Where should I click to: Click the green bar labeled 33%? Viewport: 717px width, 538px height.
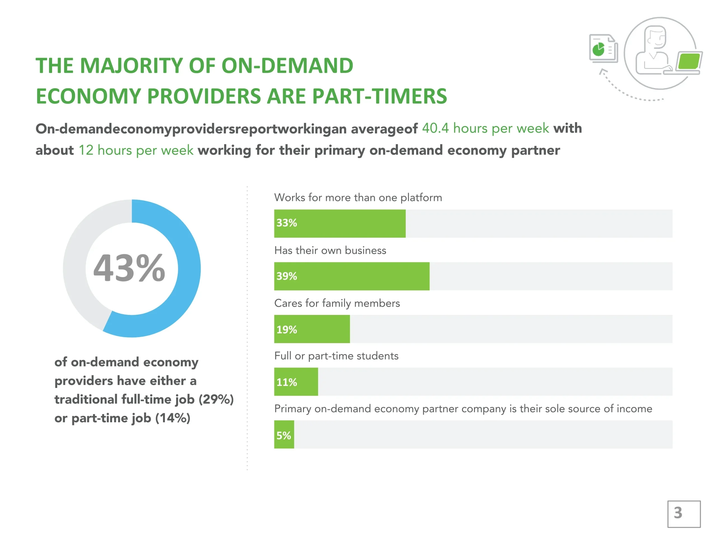340,223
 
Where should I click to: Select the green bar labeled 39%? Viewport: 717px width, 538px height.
352,276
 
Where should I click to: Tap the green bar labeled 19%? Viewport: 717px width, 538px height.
312,329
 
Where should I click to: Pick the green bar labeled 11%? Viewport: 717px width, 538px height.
296,382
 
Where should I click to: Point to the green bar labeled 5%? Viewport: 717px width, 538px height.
284,435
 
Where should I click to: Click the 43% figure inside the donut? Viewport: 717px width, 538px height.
129,268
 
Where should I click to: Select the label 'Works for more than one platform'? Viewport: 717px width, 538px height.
358,198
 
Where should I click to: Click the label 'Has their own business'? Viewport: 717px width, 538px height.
330,250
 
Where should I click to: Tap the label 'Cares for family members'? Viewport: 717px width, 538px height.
337,303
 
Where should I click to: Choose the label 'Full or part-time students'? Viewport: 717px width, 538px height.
336,356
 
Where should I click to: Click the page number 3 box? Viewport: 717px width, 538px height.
684,514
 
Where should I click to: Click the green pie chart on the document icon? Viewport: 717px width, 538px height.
598,50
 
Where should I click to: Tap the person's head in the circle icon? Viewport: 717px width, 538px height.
655,37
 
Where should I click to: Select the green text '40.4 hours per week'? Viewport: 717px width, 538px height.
485,128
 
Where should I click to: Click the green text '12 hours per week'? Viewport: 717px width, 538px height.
136,150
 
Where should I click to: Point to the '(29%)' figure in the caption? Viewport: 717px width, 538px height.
216,400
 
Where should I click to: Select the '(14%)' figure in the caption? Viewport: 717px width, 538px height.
173,418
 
